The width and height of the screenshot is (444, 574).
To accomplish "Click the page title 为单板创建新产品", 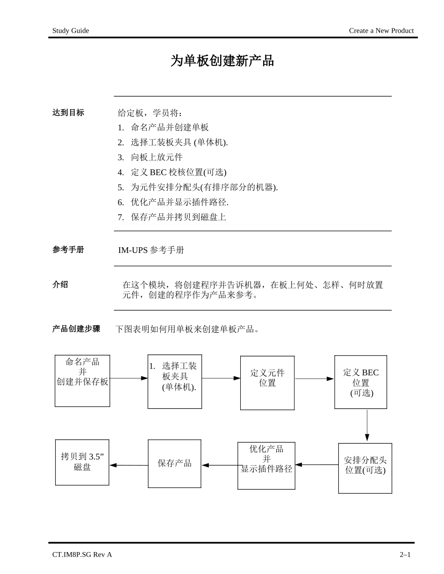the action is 222,61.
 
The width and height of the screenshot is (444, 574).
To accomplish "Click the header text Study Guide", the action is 71,31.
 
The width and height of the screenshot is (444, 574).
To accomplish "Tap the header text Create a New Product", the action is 381,31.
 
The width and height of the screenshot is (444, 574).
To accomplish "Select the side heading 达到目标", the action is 68,112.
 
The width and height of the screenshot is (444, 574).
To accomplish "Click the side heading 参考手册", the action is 68,250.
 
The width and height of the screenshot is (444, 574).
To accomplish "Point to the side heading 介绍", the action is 60,284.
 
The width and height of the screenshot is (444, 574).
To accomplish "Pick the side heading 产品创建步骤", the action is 76,329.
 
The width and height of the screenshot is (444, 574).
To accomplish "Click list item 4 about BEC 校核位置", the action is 172,172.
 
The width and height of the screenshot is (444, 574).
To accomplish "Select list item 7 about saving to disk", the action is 172,217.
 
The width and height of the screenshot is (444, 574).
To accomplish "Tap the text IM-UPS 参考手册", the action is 151,250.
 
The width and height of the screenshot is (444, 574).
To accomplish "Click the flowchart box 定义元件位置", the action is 267,383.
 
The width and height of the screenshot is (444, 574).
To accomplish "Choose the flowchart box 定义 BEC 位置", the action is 361,382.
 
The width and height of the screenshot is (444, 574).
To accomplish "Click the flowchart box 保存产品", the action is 174,463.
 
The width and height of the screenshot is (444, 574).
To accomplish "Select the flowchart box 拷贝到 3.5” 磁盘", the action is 82,462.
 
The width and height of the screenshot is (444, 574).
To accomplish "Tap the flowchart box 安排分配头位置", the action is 365,468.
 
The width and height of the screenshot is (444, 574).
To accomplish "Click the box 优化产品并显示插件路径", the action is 266,465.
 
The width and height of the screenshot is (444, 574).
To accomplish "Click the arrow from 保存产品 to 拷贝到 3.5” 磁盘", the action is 129,465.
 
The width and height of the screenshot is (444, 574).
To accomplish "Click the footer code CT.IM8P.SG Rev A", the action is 82,554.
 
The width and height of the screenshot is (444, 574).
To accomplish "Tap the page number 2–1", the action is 405,554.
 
